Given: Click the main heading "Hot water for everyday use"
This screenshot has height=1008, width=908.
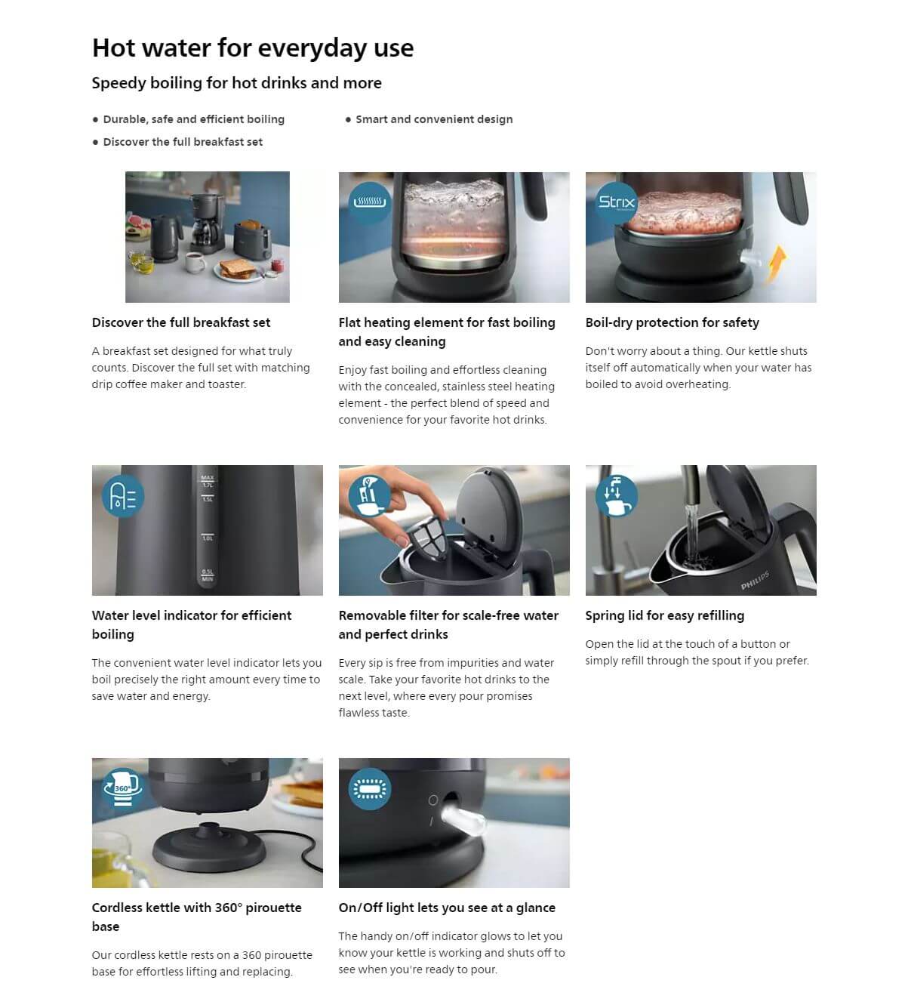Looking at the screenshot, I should [252, 48].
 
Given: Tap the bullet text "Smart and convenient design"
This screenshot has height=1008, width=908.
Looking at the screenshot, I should [433, 119].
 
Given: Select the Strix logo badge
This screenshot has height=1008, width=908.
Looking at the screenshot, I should [616, 202].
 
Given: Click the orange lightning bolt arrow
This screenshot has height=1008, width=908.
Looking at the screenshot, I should [777, 264].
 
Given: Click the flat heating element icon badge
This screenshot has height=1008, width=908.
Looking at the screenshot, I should [370, 202].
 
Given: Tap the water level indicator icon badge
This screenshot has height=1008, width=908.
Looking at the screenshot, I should [123, 496].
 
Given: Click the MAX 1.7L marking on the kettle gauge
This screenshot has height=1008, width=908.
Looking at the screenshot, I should [208, 481].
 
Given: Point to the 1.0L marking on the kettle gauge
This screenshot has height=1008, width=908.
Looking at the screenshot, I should [208, 538].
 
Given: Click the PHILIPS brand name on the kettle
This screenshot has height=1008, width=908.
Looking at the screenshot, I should [755, 581].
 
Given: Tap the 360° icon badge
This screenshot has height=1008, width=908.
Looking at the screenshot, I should [122, 788].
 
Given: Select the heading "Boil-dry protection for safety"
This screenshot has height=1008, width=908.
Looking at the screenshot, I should [672, 322].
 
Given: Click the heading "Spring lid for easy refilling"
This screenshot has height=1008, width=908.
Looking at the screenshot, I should [664, 615].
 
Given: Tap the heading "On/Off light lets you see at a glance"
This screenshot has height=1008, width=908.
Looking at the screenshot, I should [446, 908].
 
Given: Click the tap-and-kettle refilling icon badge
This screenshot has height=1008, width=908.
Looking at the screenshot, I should [617, 496].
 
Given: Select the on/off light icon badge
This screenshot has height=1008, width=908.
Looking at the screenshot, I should [370, 788].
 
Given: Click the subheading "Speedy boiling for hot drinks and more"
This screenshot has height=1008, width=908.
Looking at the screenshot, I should [236, 83].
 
